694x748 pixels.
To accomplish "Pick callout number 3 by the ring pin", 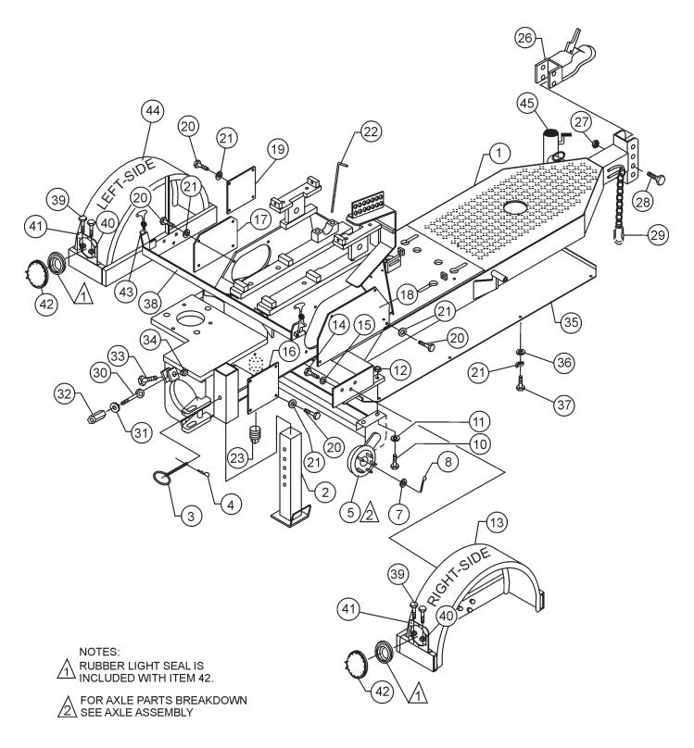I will pos(189,513).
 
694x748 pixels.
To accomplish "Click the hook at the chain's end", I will pos(615,243).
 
